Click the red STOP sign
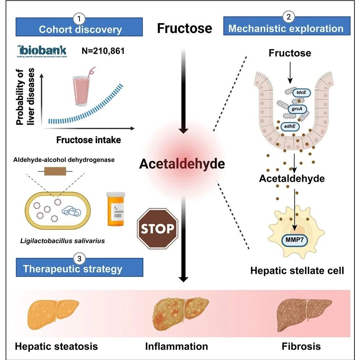click(x=158, y=229)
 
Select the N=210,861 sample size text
click(x=104, y=51)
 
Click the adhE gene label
click(x=290, y=127)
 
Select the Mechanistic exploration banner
click(x=286, y=29)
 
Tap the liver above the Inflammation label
click(x=179, y=311)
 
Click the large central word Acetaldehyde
click(x=182, y=164)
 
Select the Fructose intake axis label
click(x=88, y=140)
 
